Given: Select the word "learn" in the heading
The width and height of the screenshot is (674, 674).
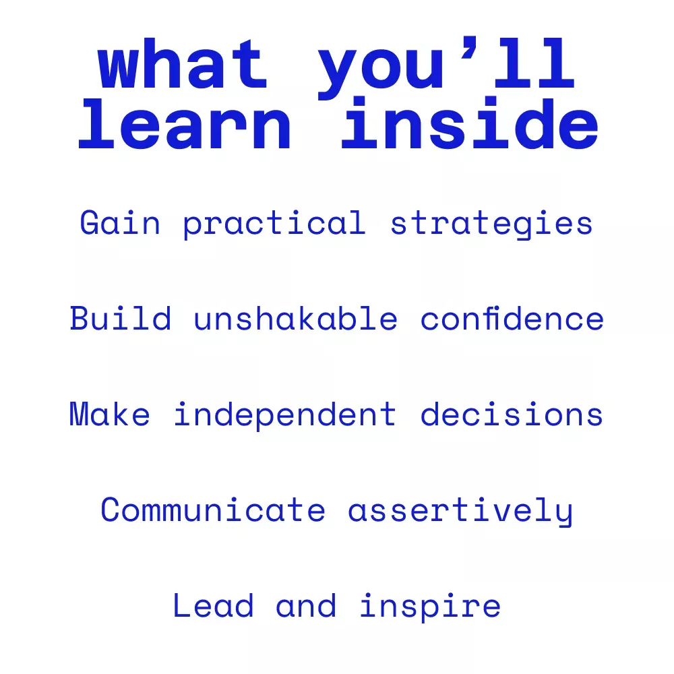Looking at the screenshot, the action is tap(185, 124).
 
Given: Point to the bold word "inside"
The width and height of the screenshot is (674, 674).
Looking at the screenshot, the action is tap(469, 123).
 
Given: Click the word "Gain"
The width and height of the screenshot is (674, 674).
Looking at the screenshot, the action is tap(120, 222).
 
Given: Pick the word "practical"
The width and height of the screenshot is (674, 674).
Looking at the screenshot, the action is tap(274, 224).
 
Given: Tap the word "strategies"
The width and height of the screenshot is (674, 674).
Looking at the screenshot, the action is tap(491, 224).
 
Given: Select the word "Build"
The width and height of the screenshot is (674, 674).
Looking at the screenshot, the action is tap(121, 318).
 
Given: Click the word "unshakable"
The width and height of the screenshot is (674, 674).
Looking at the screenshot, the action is tap(295, 318).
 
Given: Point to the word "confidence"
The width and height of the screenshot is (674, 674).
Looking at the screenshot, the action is tap(512, 318).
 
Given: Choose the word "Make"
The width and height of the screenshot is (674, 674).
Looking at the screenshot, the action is tap(110, 414).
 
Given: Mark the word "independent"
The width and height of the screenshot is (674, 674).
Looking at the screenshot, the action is tap(284, 415).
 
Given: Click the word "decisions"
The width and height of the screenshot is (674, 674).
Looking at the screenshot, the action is tap(512, 414).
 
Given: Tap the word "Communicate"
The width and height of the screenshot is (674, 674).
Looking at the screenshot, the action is tap(213, 510).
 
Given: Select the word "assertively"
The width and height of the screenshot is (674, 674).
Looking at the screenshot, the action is tap(460, 511).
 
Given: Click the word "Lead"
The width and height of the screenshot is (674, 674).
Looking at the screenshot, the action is tap(213, 605).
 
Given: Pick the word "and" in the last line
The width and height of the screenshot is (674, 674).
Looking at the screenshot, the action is tap(305, 605).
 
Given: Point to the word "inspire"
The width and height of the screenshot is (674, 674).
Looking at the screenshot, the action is tap(430, 607).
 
